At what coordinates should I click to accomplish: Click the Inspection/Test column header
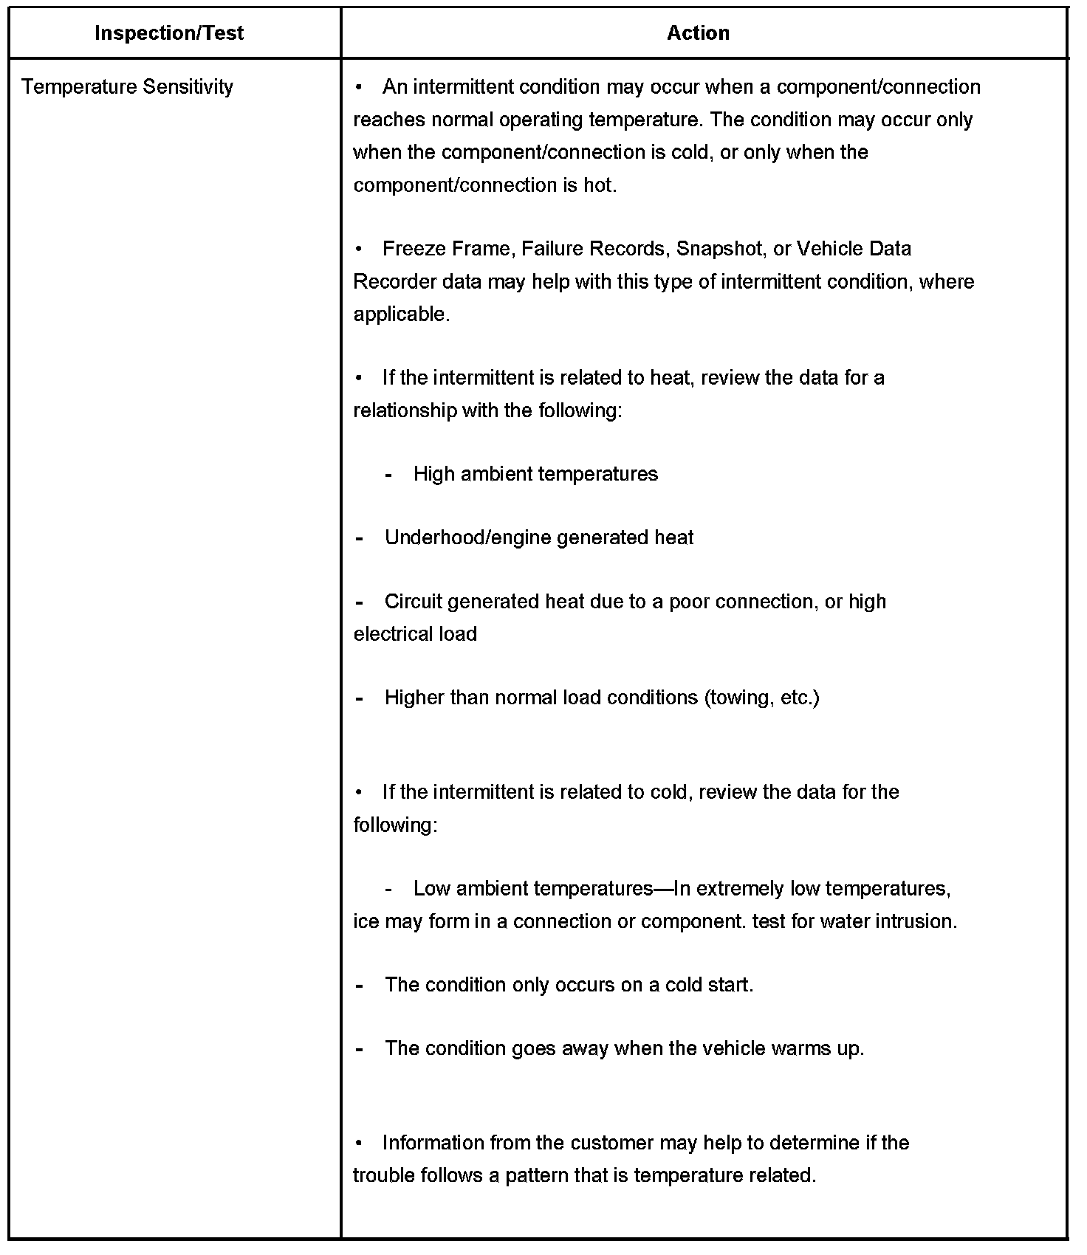tap(169, 33)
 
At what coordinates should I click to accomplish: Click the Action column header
tap(698, 33)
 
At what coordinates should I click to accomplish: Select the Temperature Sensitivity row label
tap(127, 87)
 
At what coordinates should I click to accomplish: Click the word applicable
tap(401, 314)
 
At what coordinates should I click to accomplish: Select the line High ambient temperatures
tap(535, 474)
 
